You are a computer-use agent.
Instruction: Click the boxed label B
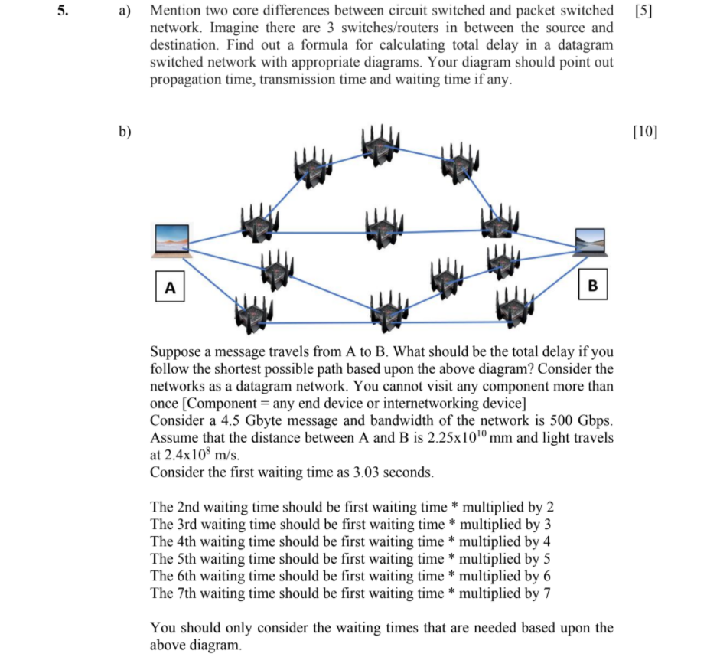click(x=592, y=286)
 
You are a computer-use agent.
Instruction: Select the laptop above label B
click(x=590, y=241)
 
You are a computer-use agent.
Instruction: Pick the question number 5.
click(x=64, y=11)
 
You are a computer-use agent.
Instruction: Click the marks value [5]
click(x=644, y=11)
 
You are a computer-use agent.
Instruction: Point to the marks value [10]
click(x=645, y=131)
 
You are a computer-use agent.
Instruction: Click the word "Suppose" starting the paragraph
click(x=175, y=352)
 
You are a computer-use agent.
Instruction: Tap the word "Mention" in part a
click(x=177, y=11)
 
